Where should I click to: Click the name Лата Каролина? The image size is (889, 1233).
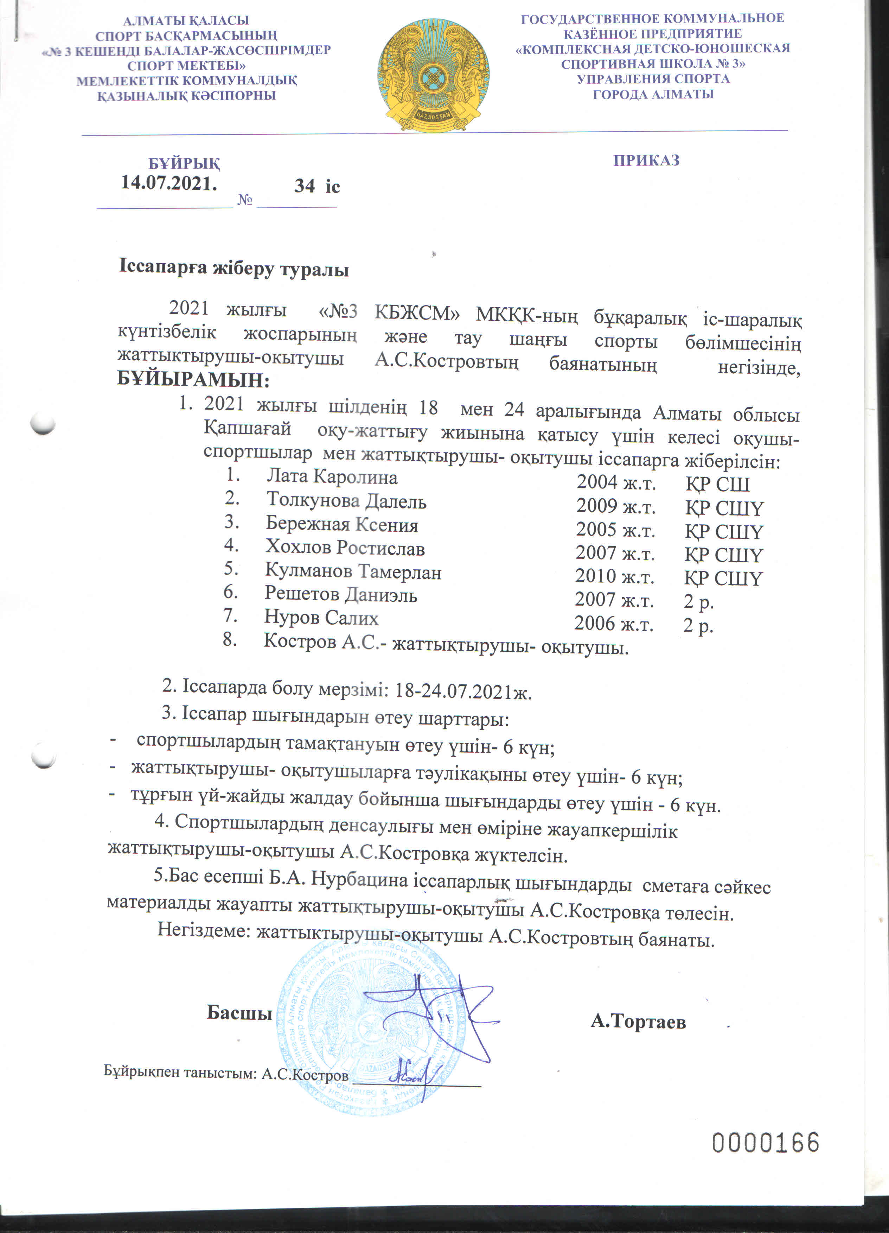pos(332,477)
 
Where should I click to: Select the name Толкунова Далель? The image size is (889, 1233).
pos(346,501)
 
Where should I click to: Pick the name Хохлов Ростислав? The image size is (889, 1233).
pos(345,548)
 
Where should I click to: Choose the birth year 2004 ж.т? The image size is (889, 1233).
pos(616,482)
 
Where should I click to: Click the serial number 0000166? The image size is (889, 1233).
pos(765,1143)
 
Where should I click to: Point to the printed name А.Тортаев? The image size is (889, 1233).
pos(638,1022)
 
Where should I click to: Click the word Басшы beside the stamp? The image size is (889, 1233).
pos(239,1013)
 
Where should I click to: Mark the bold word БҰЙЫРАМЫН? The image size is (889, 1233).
pos(193,380)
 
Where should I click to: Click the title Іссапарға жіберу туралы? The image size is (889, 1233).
pos(234,269)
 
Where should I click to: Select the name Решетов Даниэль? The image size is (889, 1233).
pos(341,595)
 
